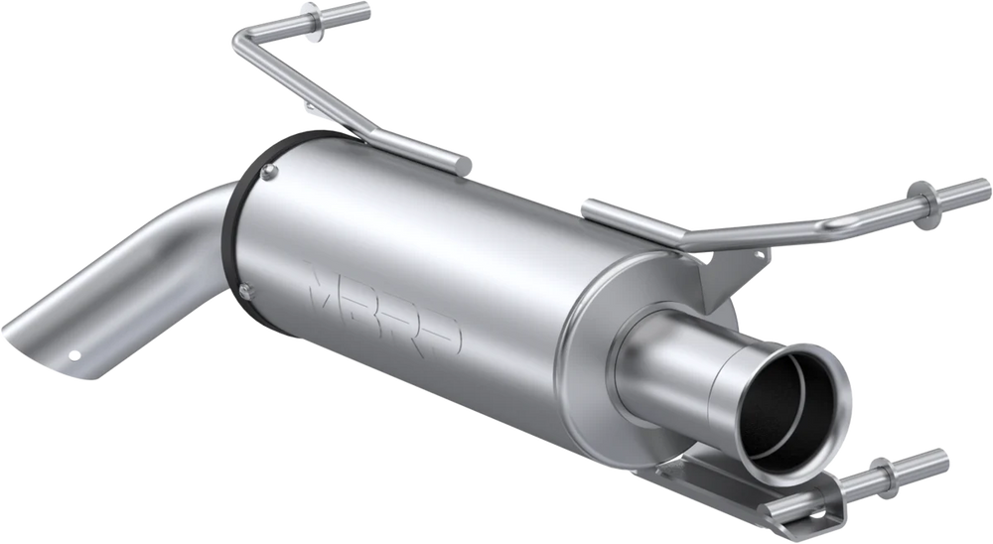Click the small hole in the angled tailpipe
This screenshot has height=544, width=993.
point(74,355)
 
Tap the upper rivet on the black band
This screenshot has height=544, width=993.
point(270,171)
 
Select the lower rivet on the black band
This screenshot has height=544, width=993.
point(245,291)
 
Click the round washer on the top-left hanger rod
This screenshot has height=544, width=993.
point(311,23)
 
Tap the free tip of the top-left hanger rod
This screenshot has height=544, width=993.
point(365,10)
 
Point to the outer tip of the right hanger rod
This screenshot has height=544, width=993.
point(985,188)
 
